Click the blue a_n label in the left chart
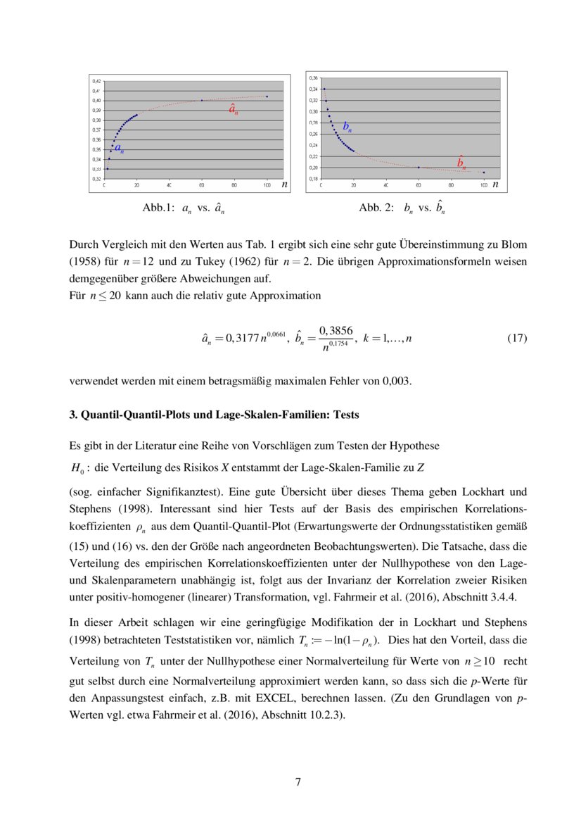pyautogui.click(x=120, y=149)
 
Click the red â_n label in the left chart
pyautogui.click(x=233, y=109)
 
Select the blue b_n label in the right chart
pyautogui.click(x=347, y=127)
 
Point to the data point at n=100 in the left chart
pyautogui.click(x=267, y=96)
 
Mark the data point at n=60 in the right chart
pyautogui.click(x=419, y=168)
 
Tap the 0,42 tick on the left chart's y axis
pyautogui.click(x=96, y=81)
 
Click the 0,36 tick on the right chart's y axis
pyautogui.click(x=313, y=77)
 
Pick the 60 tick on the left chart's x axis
pyautogui.click(x=201, y=184)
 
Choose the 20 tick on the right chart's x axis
pyautogui.click(x=353, y=184)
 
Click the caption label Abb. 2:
pyautogui.click(x=377, y=208)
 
